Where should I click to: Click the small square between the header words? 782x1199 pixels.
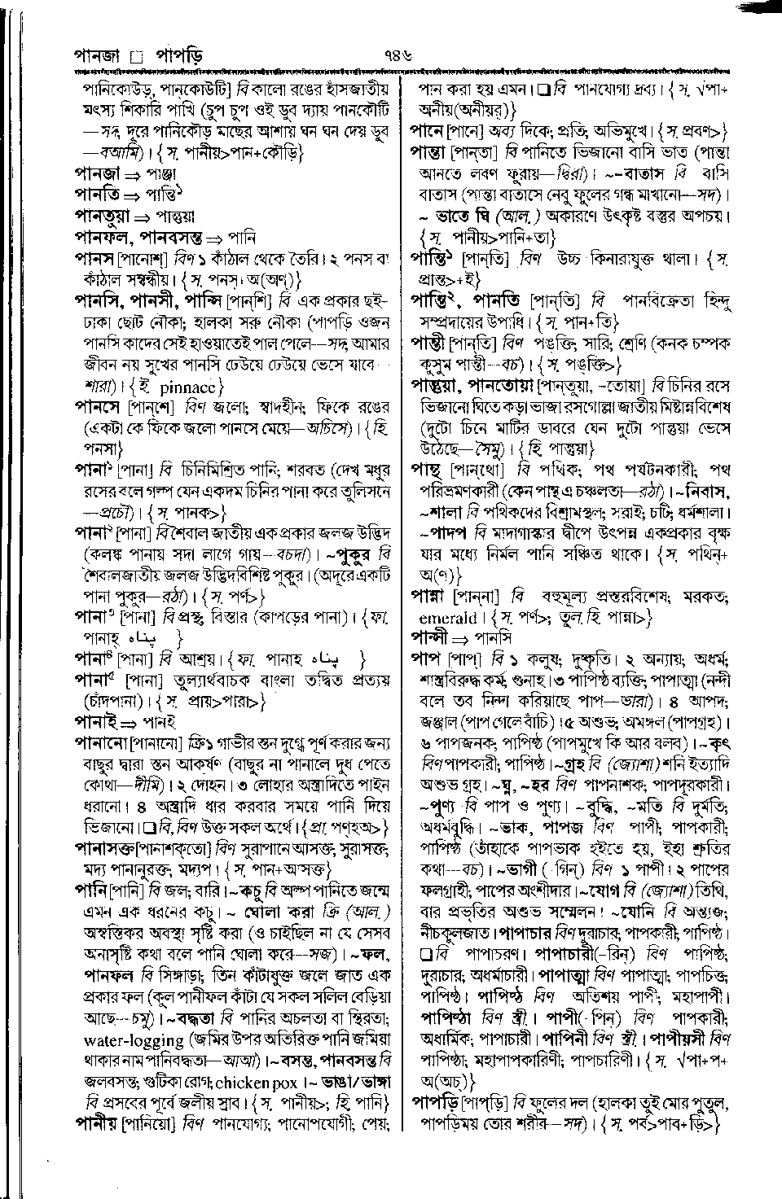pos(136,58)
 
